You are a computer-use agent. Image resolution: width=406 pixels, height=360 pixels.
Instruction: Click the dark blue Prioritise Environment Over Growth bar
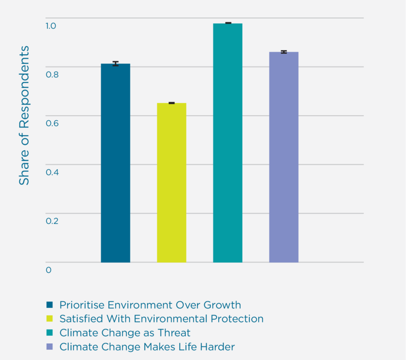[x=115, y=162]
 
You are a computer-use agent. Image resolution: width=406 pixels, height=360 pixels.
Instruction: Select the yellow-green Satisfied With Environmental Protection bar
[x=172, y=183]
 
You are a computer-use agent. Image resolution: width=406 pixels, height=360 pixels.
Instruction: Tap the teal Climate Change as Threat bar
[x=227, y=142]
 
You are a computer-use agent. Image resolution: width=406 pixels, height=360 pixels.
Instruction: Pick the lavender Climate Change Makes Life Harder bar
[x=283, y=157]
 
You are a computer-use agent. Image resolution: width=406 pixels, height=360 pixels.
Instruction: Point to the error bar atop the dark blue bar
[x=115, y=63]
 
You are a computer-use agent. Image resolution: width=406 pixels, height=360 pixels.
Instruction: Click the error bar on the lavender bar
[x=283, y=52]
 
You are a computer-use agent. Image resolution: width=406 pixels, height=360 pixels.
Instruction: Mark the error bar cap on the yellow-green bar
[x=172, y=103]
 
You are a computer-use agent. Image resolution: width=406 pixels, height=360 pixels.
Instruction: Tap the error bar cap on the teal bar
[x=227, y=23]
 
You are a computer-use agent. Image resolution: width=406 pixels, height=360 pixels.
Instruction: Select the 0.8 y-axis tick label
[x=51, y=75]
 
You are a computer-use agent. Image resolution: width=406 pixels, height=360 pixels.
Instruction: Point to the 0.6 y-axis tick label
[x=51, y=123]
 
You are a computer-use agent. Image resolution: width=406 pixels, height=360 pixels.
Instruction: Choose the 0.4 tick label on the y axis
[x=51, y=172]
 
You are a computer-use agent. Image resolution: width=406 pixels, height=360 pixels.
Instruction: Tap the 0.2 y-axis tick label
[x=51, y=221]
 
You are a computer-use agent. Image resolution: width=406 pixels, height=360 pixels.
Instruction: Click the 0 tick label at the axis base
[x=49, y=270]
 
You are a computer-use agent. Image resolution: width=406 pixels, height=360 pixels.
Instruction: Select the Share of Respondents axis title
[x=24, y=115]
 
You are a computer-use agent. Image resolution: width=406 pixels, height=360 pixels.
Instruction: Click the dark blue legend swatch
[x=49, y=305]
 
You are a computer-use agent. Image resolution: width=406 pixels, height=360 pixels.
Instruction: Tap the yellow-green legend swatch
[x=49, y=319]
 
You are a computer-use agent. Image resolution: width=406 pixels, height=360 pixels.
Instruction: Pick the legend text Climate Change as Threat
[x=125, y=333]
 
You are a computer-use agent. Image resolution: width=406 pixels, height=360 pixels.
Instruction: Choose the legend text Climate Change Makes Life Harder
[x=147, y=347]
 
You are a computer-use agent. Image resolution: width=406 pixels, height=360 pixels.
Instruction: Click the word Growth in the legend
[x=222, y=305]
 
